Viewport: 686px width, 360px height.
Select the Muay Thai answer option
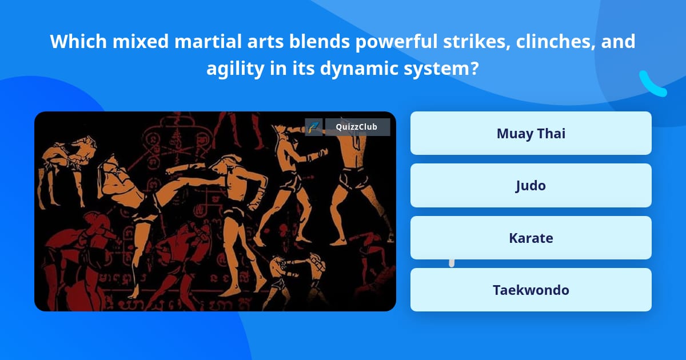[x=531, y=134]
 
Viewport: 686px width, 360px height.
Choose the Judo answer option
[x=531, y=186]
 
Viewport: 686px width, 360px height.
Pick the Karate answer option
[x=531, y=238]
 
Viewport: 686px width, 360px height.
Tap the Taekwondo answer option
[x=531, y=290]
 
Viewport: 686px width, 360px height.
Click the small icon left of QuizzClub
[x=313, y=127]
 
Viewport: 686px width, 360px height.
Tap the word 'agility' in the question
[x=234, y=69]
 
